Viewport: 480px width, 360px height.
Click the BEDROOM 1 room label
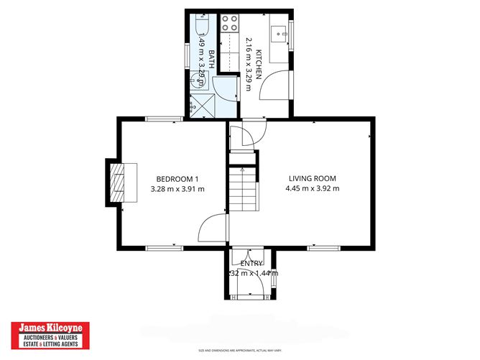point(177,178)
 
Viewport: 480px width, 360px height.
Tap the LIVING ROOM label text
point(312,178)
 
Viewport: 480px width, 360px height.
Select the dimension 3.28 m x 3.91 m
point(177,189)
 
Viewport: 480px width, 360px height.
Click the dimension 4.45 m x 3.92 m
point(312,189)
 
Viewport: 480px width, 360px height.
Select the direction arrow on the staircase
point(243,172)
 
